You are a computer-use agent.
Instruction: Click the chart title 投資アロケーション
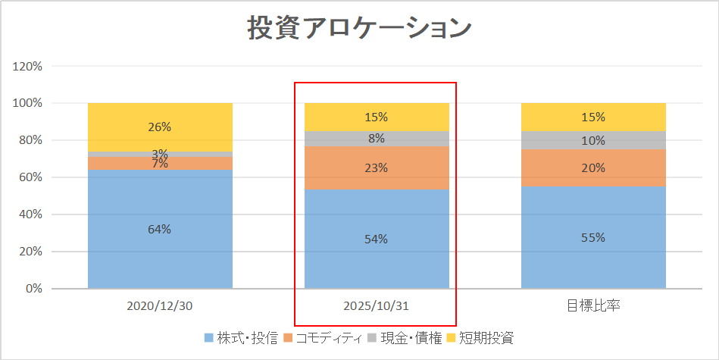(x=360, y=28)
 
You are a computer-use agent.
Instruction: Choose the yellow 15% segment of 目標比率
(x=593, y=117)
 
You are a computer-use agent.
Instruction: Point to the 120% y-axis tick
(x=28, y=66)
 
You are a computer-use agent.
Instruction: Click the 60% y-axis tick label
(x=31, y=177)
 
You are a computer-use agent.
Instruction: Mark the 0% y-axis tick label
(x=34, y=289)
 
